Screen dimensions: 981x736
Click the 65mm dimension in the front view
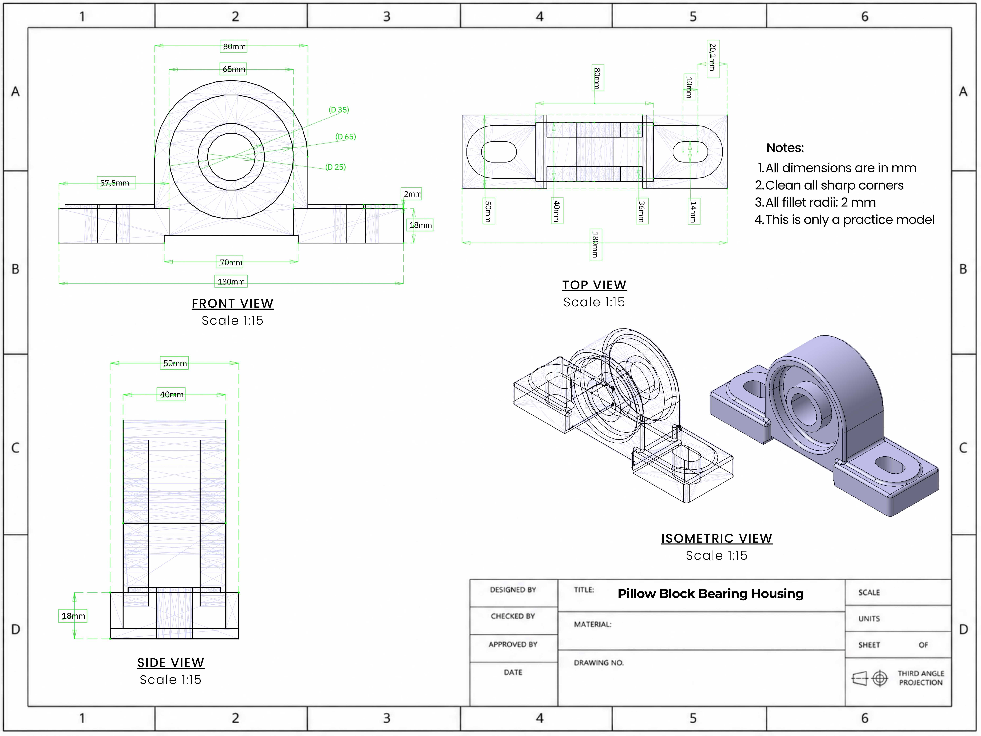pyautogui.click(x=234, y=69)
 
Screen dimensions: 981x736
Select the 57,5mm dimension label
pyautogui.click(x=114, y=183)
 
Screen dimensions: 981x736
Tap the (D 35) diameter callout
pyautogui.click(x=339, y=110)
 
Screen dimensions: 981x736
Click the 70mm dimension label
pyautogui.click(x=231, y=262)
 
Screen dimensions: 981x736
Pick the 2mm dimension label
pyautogui.click(x=412, y=194)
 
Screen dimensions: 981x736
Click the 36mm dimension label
pyautogui.click(x=641, y=211)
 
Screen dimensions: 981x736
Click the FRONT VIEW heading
pyautogui.click(x=232, y=304)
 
